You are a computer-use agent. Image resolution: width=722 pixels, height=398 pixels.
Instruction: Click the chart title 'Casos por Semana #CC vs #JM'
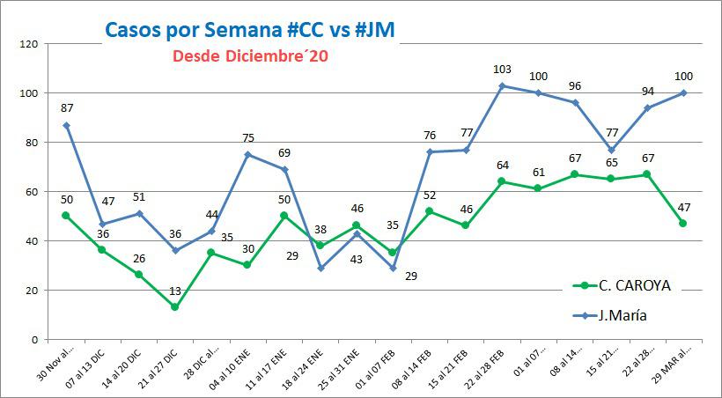coord(249,30)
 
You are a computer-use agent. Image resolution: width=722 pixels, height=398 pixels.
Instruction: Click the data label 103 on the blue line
coord(503,69)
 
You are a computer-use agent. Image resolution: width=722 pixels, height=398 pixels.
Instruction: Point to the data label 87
coord(67,107)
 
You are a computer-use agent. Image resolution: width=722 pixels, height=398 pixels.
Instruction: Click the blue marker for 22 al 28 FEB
coord(502,85)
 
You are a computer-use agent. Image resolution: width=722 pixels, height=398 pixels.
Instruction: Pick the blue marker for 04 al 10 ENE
coord(247,154)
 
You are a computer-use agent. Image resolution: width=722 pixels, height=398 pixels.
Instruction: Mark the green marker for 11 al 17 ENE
coord(284,216)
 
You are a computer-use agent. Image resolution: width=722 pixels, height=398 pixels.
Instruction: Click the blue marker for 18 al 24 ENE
coord(320,268)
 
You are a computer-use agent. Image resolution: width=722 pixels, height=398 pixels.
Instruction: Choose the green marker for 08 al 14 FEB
coord(429,211)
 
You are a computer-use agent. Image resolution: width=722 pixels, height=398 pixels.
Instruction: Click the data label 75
coord(248,137)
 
